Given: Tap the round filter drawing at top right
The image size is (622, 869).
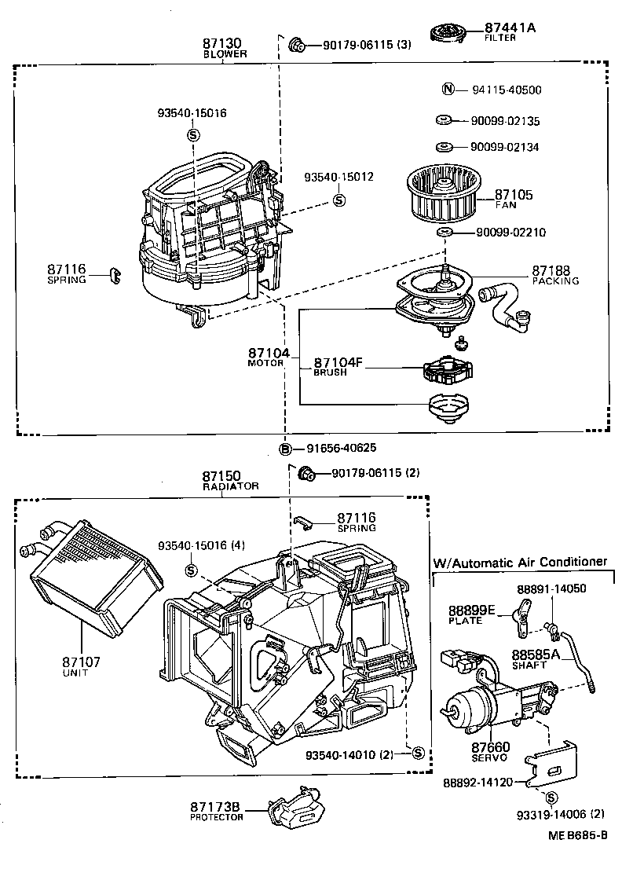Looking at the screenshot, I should (x=448, y=32).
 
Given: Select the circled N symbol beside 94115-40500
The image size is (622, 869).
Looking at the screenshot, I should (x=448, y=90).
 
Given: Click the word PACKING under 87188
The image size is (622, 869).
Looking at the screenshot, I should (x=554, y=280).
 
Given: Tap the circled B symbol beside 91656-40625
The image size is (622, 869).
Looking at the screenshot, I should (x=287, y=449).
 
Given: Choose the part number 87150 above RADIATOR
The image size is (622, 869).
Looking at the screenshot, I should (x=221, y=476).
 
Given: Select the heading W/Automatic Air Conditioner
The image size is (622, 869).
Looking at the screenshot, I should (x=520, y=562).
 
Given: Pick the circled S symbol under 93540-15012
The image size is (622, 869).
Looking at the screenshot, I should (x=339, y=200).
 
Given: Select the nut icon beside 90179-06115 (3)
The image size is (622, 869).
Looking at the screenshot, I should (x=298, y=45).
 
